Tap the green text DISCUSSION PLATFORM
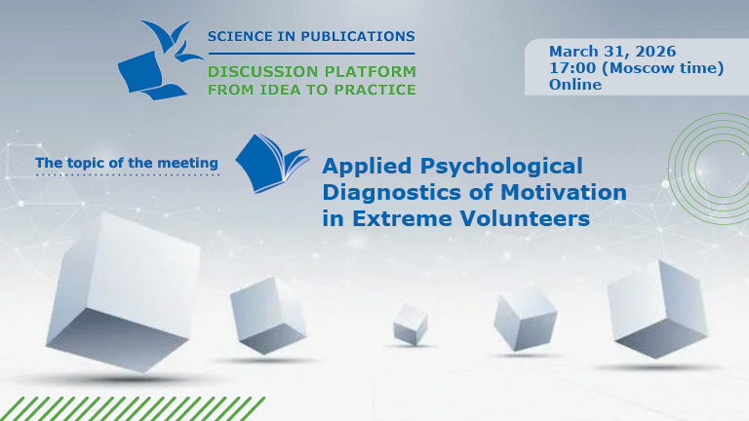(311, 72)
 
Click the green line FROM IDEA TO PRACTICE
(311, 90)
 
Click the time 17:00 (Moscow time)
(636, 67)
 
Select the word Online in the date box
(575, 84)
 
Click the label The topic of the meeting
(127, 162)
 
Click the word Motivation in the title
(559, 192)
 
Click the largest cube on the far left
(121, 292)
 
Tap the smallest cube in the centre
(411, 323)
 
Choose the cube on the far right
(655, 308)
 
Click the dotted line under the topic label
(127, 176)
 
